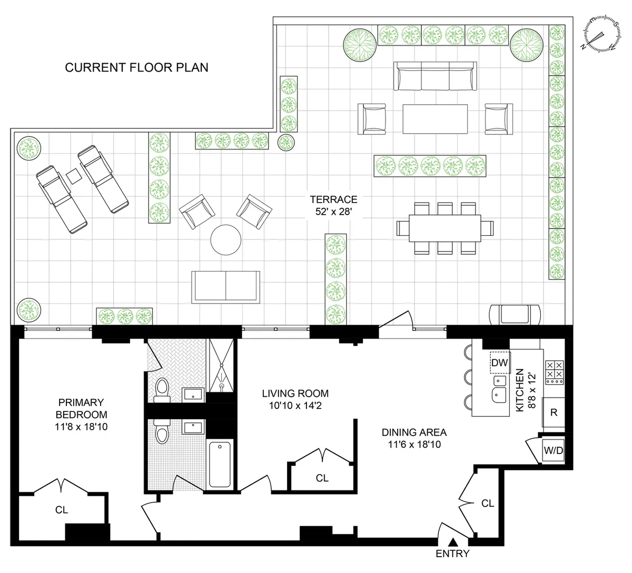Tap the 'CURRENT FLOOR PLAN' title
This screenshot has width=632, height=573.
(136, 68)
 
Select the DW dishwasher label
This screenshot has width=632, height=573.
(499, 362)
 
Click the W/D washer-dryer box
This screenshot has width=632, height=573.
(553, 451)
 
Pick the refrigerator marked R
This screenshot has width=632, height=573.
(554, 412)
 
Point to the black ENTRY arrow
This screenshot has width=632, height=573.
(452, 543)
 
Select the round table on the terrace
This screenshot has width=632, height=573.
(226, 239)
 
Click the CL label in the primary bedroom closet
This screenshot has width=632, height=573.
(62, 509)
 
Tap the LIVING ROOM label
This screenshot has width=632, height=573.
(295, 394)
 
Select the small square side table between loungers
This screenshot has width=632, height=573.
(73, 176)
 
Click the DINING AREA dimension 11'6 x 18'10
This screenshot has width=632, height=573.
(414, 444)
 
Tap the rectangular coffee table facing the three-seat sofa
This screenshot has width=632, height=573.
(435, 119)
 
